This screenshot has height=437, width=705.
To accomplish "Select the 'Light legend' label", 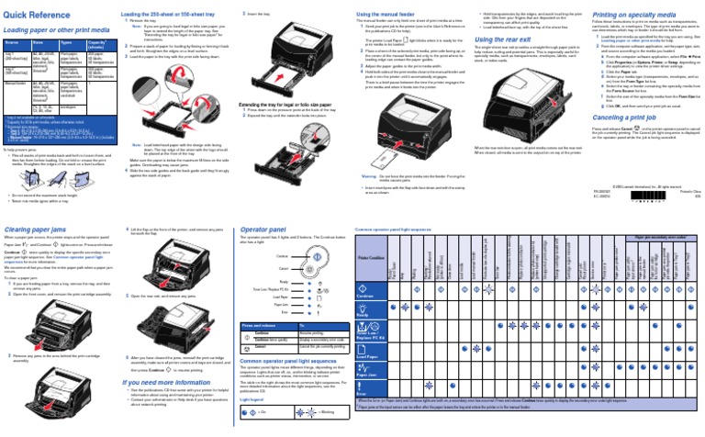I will (x=251, y=399).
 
